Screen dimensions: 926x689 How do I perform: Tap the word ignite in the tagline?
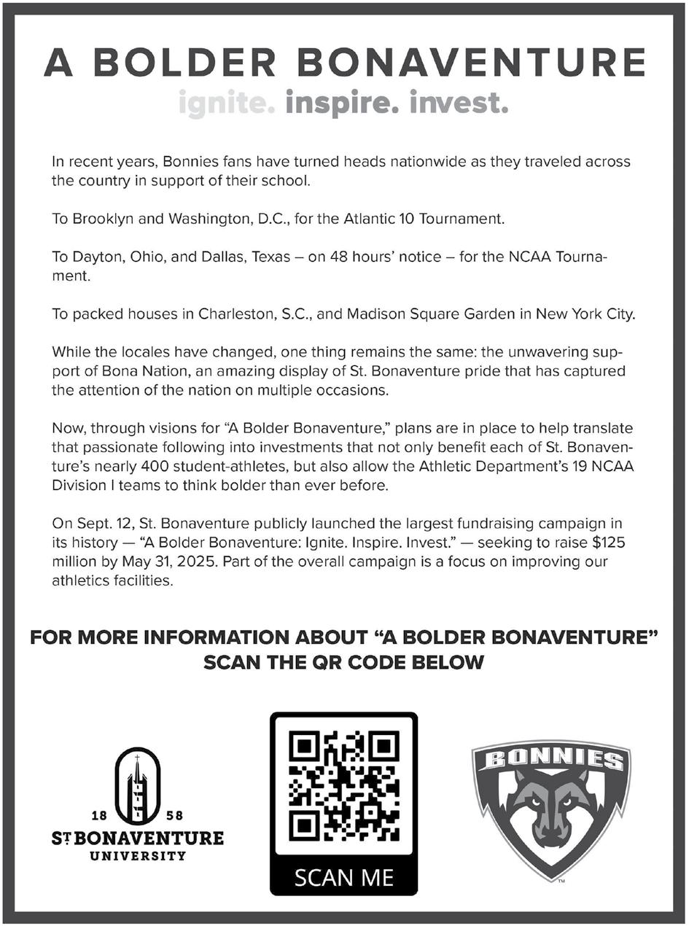(x=227, y=104)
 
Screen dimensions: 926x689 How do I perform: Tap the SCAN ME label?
(x=343, y=876)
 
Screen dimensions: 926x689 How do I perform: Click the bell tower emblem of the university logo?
(x=138, y=785)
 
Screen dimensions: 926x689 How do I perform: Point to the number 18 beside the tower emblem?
(x=99, y=814)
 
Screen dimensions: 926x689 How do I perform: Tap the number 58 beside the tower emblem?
(x=176, y=814)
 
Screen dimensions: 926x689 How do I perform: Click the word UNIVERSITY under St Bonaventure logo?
(x=138, y=855)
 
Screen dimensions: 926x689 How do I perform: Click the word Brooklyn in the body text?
(x=100, y=218)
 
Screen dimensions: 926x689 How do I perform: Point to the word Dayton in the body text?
(x=96, y=257)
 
